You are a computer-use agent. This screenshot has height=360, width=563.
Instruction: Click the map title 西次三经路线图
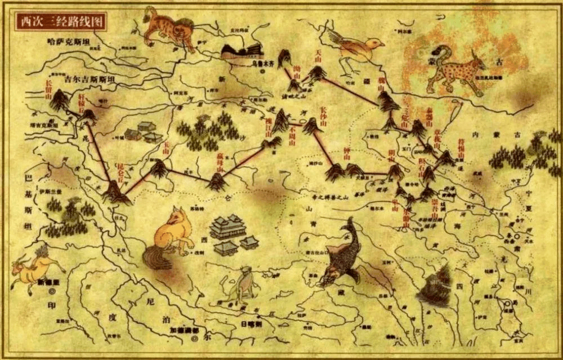coord(60,21)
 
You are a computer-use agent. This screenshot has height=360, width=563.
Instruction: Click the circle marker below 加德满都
coord(195,339)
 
